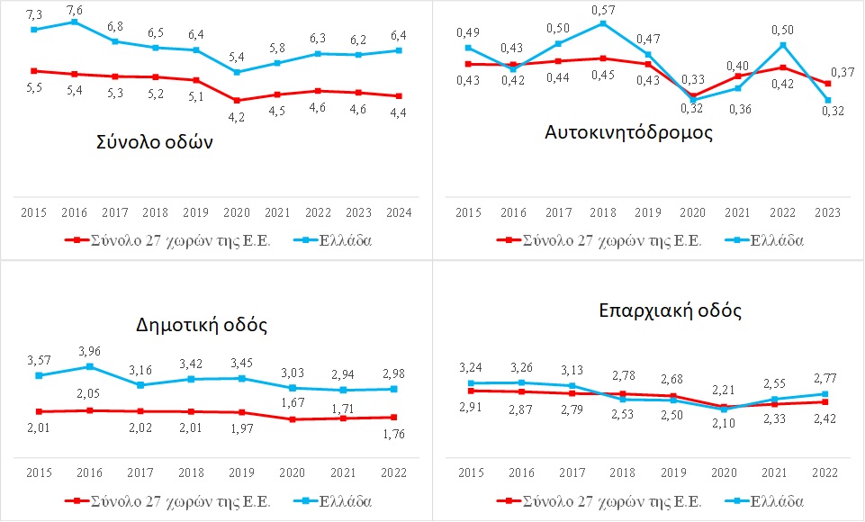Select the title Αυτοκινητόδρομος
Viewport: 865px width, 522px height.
(x=629, y=132)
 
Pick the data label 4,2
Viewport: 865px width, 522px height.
(x=238, y=116)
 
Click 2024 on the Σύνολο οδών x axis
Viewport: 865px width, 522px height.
(x=397, y=213)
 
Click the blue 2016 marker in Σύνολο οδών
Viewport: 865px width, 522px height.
(x=75, y=22)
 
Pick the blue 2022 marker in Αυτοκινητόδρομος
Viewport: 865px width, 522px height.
(x=783, y=45)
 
